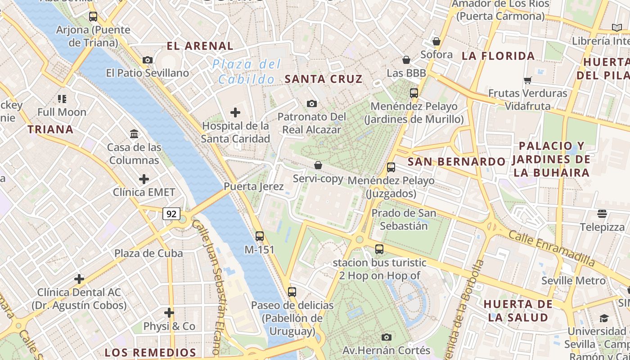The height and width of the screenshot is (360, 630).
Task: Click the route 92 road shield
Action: (171, 214)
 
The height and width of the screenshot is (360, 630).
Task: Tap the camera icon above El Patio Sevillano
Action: (147, 60)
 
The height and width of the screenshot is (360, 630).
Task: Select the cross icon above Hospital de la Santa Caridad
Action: (235, 112)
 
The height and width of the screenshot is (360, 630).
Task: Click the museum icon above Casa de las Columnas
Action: (134, 134)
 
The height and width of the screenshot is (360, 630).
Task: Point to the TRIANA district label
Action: (50, 130)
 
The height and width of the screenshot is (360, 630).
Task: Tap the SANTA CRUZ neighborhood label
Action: (324, 79)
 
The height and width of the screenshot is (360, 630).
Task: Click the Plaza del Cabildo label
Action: (247, 72)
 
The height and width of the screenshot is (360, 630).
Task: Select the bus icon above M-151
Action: (259, 236)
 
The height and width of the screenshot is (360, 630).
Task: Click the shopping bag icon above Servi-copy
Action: (318, 165)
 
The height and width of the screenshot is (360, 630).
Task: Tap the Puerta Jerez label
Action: (254, 186)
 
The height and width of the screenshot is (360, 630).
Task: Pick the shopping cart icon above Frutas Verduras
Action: (527, 80)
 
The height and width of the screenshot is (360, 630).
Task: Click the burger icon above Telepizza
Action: (602, 213)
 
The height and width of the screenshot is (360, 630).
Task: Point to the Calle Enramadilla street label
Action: (551, 247)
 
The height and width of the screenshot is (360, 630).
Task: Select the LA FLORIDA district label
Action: (498, 56)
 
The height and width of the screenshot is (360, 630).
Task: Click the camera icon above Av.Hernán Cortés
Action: (386, 337)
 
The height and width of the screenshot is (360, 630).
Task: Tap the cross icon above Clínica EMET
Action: (144, 179)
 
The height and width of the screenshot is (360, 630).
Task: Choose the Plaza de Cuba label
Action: (148, 253)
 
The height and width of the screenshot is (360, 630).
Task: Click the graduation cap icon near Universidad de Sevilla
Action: (603, 318)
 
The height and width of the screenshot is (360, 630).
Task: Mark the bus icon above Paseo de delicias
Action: (292, 292)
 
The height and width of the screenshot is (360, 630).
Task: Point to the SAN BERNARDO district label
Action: (456, 162)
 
